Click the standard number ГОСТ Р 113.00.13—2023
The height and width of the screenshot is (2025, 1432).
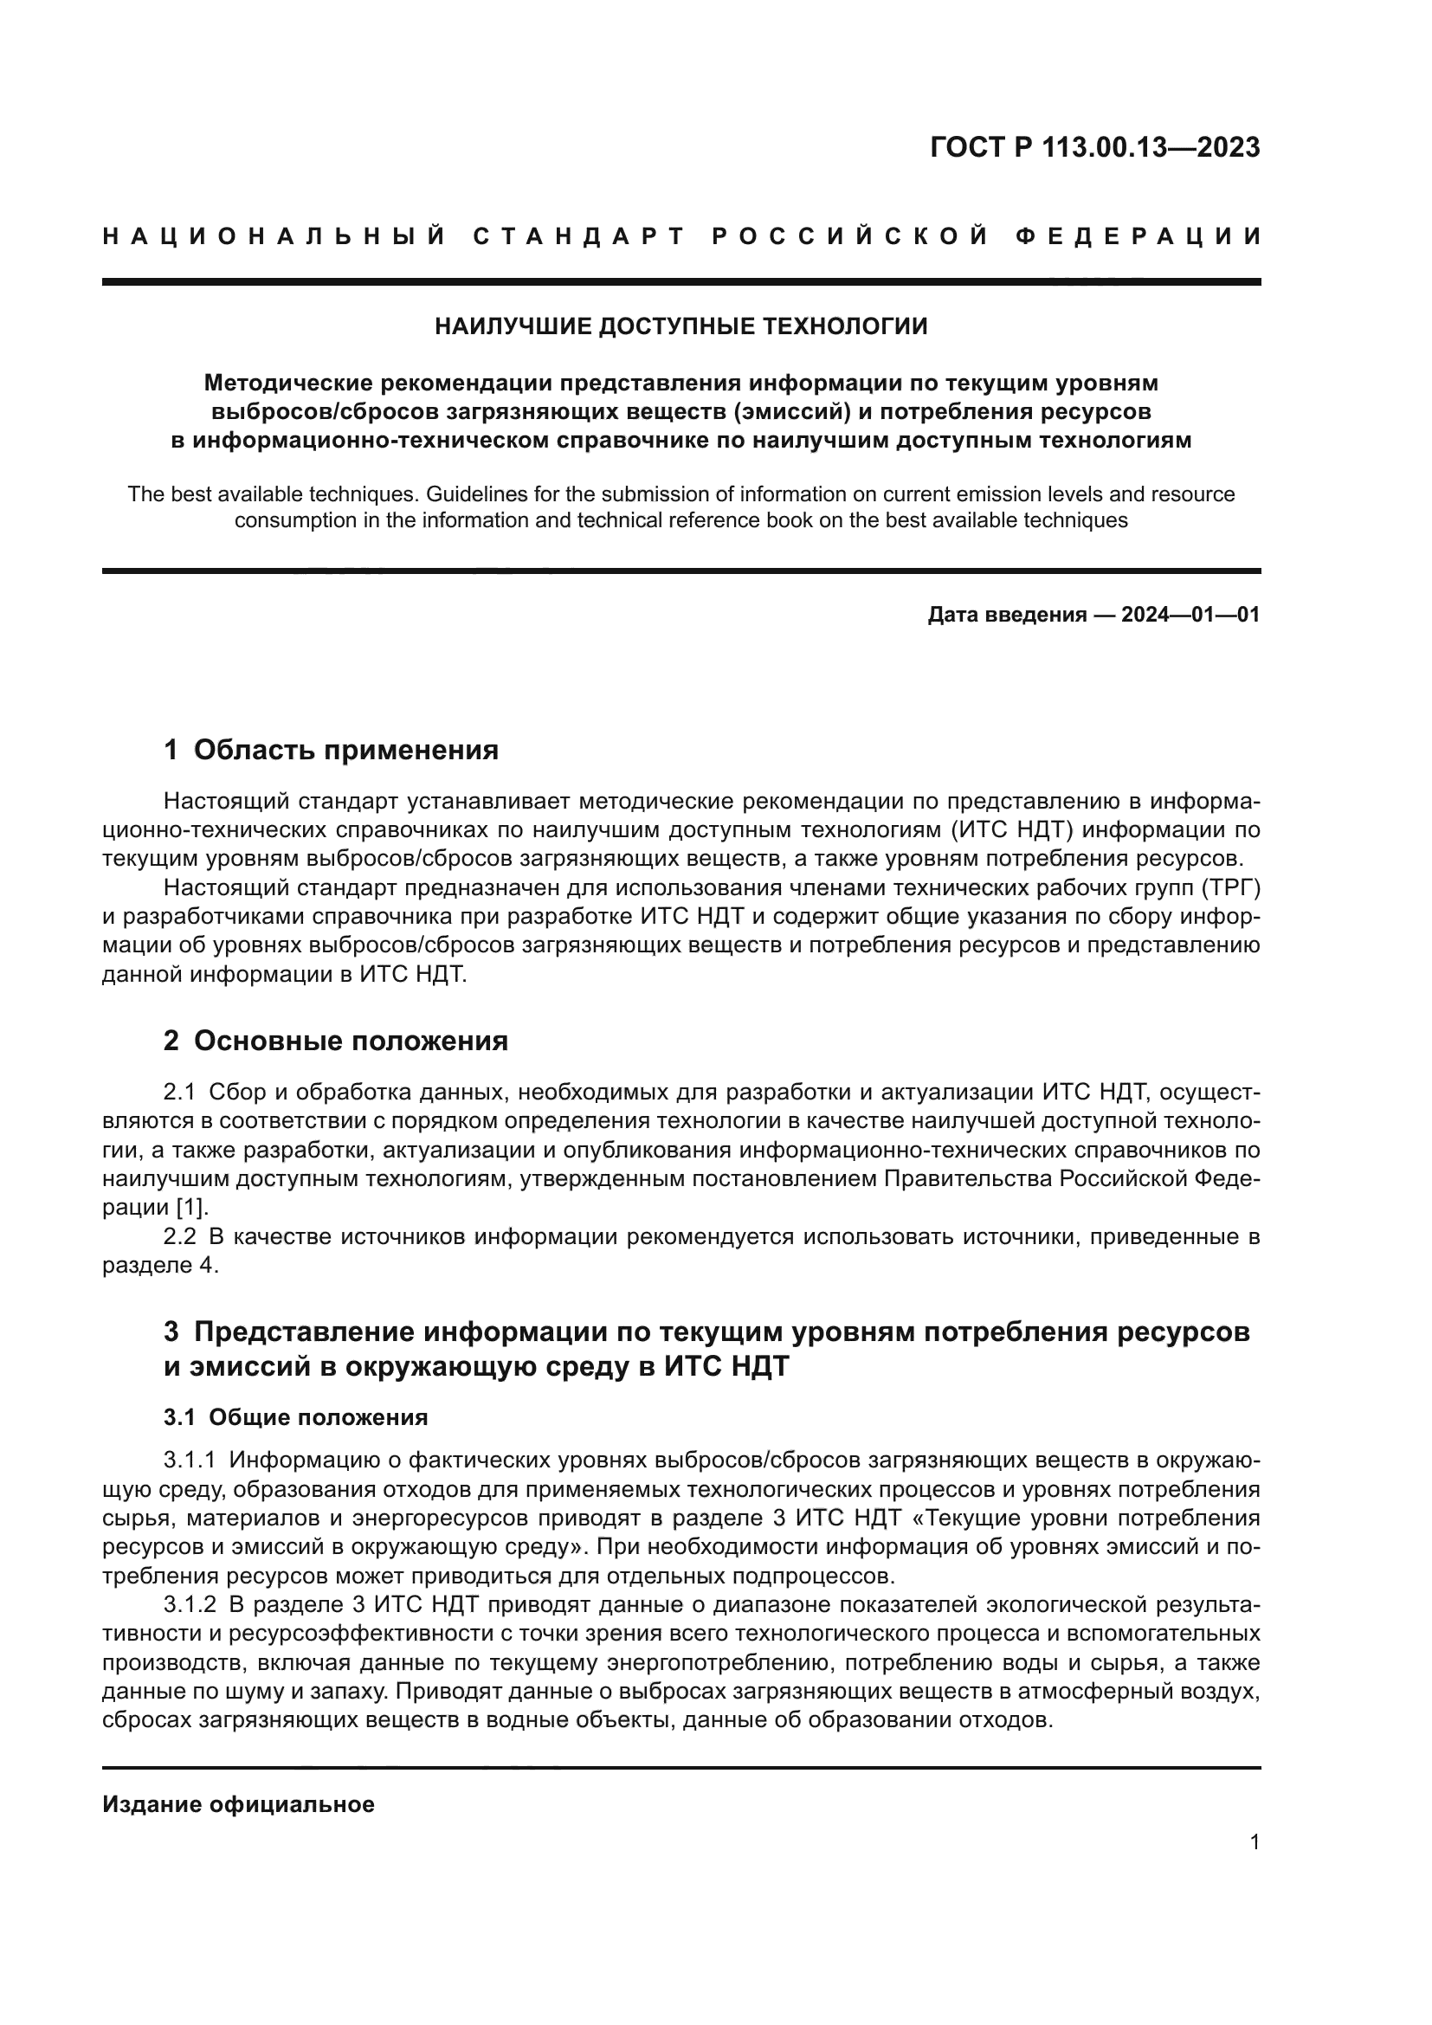pos(1094,147)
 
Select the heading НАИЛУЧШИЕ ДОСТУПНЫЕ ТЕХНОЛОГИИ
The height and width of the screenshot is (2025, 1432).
pos(681,327)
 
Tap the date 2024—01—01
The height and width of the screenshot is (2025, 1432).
pos(1190,615)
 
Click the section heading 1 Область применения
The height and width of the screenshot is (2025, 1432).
pos(331,750)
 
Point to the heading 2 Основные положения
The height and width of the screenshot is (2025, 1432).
pos(335,1041)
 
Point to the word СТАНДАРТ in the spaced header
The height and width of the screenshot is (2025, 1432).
pos(578,236)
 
